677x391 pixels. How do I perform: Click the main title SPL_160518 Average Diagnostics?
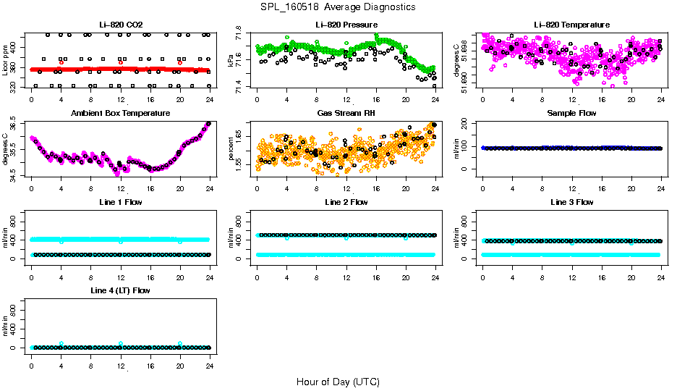[x=338, y=7]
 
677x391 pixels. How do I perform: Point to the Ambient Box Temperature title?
[x=120, y=114]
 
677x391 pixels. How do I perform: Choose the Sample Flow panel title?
[x=571, y=114]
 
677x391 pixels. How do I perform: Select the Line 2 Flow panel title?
[x=346, y=202]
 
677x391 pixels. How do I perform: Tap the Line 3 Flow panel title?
[x=571, y=202]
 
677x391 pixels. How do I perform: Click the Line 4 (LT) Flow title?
[x=120, y=290]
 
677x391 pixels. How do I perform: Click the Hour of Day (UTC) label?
[x=338, y=382]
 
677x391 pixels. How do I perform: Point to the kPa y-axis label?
[x=231, y=62]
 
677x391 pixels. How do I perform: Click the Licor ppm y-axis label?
[x=5, y=61]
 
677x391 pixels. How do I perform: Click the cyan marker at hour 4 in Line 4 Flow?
[x=61, y=343]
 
